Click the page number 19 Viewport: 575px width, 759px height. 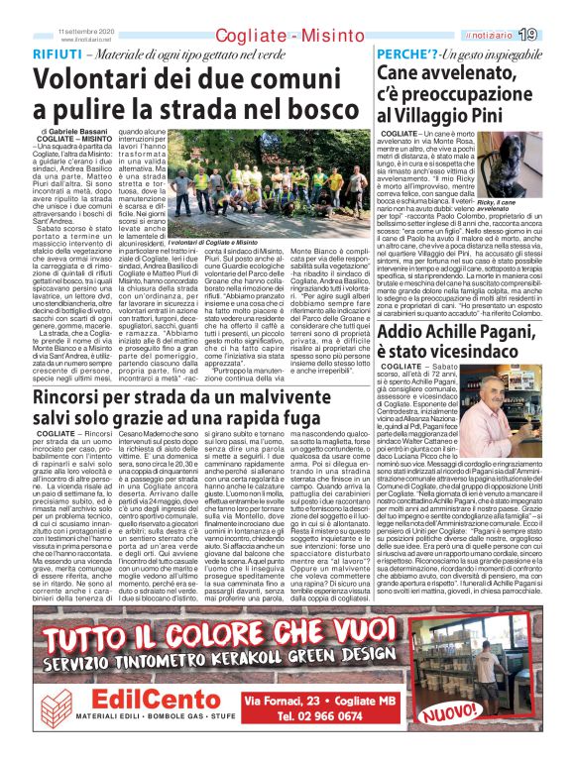pyautogui.click(x=556, y=35)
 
